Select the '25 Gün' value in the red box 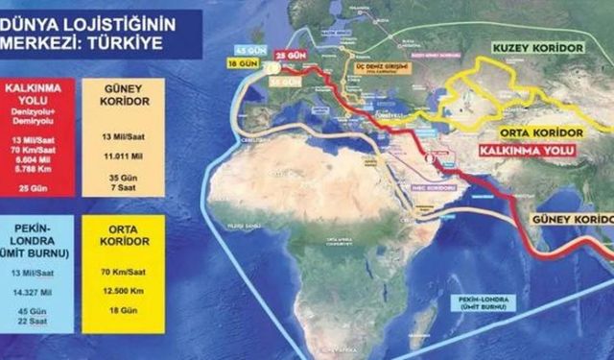point(38,186)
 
